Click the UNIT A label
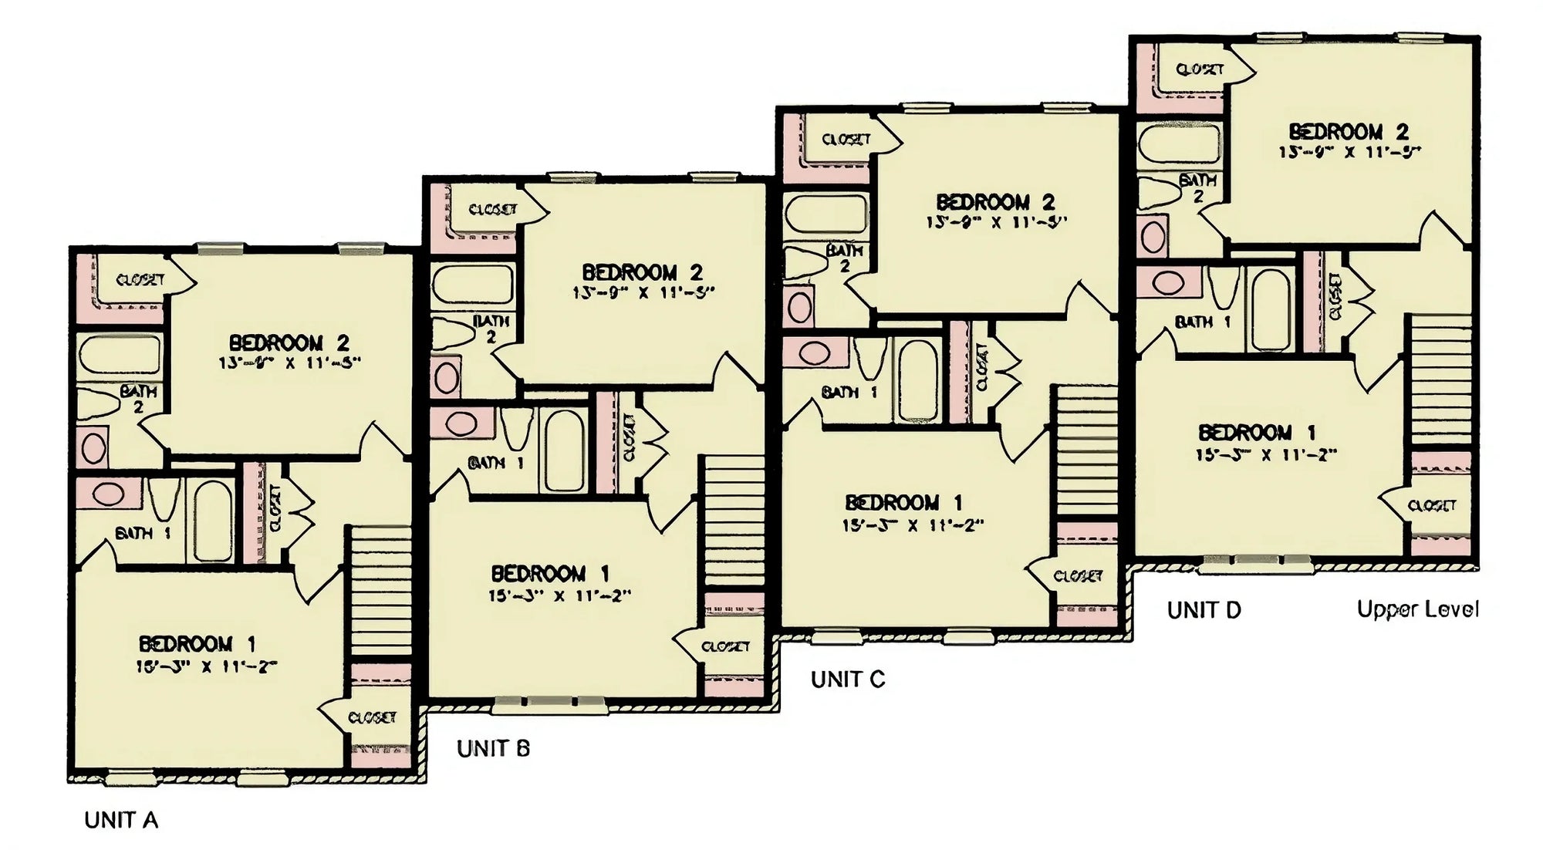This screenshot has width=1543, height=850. pyautogui.click(x=121, y=820)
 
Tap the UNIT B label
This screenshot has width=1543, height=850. pyautogui.click(x=493, y=748)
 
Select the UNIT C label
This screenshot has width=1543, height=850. pyautogui.click(x=847, y=679)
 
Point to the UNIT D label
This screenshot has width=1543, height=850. pyautogui.click(x=1204, y=610)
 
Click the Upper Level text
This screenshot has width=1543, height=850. pyautogui.click(x=1417, y=609)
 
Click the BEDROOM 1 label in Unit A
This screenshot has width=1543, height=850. pyautogui.click(x=197, y=643)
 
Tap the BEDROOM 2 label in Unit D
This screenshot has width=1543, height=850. pyautogui.click(x=1348, y=131)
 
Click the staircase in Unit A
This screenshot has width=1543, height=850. pyautogui.click(x=380, y=591)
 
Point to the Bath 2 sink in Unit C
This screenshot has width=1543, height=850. pyautogui.click(x=799, y=306)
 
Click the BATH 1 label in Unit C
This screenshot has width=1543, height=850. pyautogui.click(x=849, y=392)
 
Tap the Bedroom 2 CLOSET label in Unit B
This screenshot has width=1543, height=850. pyautogui.click(x=492, y=209)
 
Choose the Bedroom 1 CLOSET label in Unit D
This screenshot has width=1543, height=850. pyautogui.click(x=1431, y=505)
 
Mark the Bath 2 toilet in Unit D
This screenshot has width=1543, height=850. pyautogui.click(x=1158, y=193)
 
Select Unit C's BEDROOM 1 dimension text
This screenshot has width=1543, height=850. pyautogui.click(x=912, y=525)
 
